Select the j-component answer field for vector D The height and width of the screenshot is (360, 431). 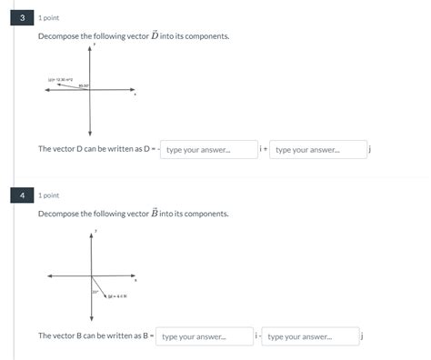(318, 149)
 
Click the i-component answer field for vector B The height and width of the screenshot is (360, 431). (204, 336)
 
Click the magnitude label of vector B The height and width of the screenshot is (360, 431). (117, 296)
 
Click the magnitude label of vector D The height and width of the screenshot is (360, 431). (60, 79)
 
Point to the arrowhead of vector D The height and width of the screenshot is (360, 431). (58, 85)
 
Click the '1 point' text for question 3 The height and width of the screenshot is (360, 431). (49, 17)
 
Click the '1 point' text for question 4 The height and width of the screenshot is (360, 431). (49, 195)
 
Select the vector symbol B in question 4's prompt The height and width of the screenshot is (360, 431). (155, 213)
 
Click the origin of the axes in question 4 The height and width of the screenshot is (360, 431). (91, 275)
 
